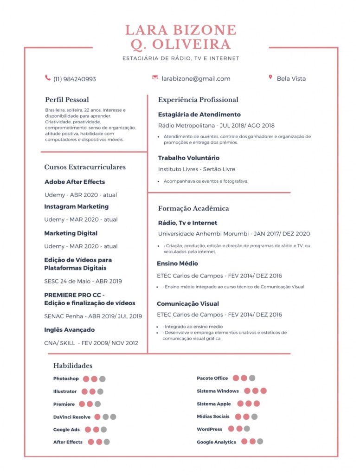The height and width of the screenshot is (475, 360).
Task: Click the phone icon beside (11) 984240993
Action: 48,78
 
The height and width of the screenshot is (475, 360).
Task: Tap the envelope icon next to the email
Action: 155,77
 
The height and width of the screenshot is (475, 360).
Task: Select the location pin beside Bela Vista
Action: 270,77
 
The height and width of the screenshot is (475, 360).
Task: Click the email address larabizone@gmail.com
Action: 196,79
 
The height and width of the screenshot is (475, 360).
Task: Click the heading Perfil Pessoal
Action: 67,100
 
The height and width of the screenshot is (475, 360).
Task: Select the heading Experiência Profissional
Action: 198,100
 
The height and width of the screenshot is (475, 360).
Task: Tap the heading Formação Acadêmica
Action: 193,209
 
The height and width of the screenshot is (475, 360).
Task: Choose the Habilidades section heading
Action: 73,366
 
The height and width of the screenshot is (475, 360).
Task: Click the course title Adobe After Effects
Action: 75,182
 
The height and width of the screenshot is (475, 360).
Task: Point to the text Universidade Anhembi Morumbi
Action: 202,234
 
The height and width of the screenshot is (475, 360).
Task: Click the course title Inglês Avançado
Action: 70,330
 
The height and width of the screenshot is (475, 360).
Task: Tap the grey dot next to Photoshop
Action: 102,379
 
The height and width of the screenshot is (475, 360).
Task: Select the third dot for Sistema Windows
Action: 264,391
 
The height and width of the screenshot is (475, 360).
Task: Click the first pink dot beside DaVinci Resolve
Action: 97,417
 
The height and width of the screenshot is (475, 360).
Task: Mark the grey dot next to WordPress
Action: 247,429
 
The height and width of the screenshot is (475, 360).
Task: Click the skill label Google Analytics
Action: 216,443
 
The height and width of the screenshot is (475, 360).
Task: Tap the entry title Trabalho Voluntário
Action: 189,158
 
